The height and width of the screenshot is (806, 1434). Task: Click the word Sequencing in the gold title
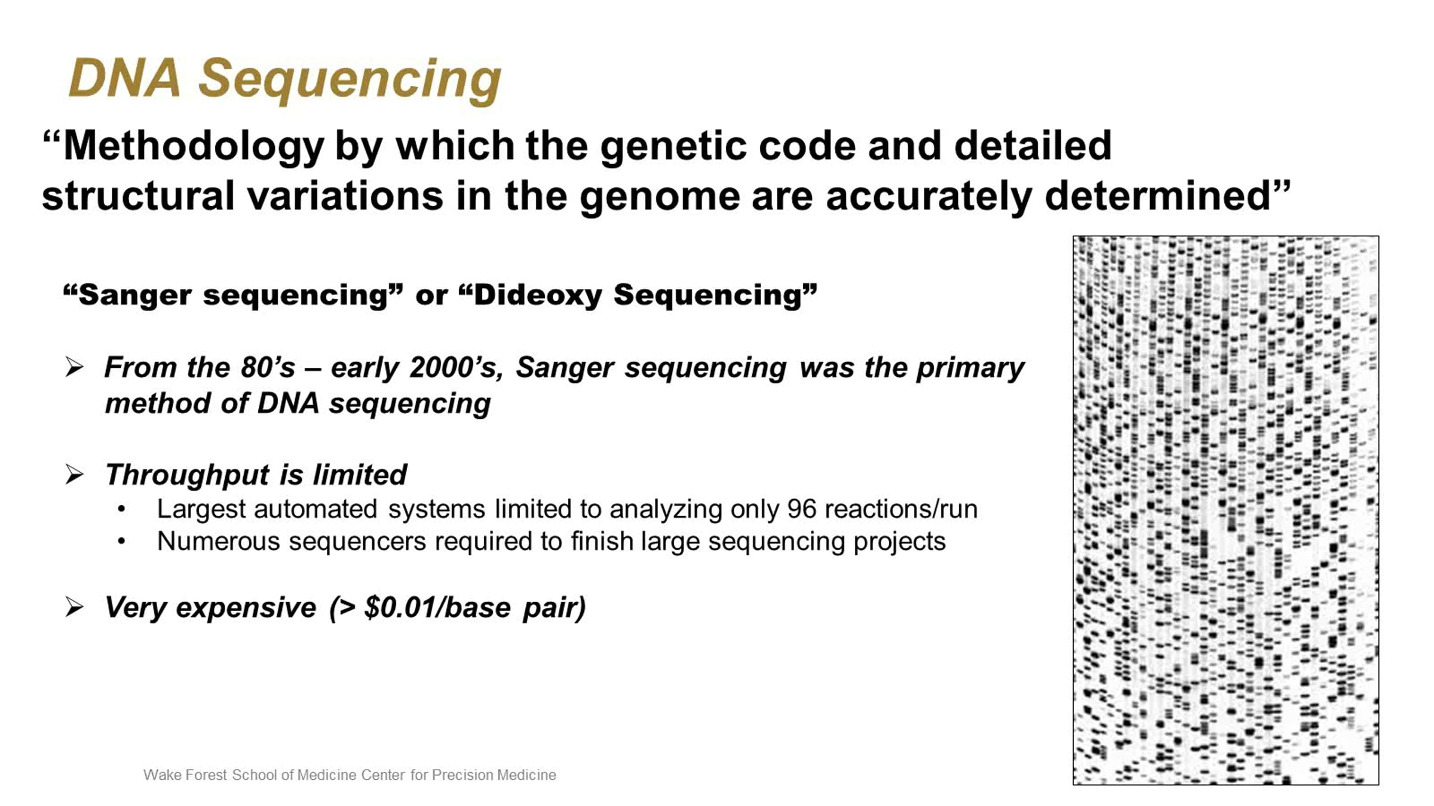pyautogui.click(x=350, y=81)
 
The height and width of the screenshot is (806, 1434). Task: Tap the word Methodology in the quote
pyautogui.click(x=194, y=146)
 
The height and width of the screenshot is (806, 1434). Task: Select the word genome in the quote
pyautogui.click(x=660, y=197)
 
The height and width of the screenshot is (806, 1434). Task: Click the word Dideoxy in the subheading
pyautogui.click(x=538, y=296)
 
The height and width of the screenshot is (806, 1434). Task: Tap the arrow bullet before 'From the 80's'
pyautogui.click(x=74, y=367)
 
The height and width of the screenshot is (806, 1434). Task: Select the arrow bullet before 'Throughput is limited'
pyautogui.click(x=74, y=475)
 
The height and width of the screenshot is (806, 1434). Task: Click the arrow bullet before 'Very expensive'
pyautogui.click(x=74, y=607)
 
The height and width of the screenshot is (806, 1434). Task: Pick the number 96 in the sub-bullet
pyautogui.click(x=801, y=509)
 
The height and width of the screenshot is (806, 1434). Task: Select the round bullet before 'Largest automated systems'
pyautogui.click(x=121, y=509)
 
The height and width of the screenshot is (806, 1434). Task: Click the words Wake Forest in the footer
pyautogui.click(x=185, y=775)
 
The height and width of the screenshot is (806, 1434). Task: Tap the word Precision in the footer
pyautogui.click(x=462, y=775)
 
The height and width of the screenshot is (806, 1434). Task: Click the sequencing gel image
pyautogui.click(x=1225, y=510)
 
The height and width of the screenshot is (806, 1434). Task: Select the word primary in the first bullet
pyautogui.click(x=970, y=369)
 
